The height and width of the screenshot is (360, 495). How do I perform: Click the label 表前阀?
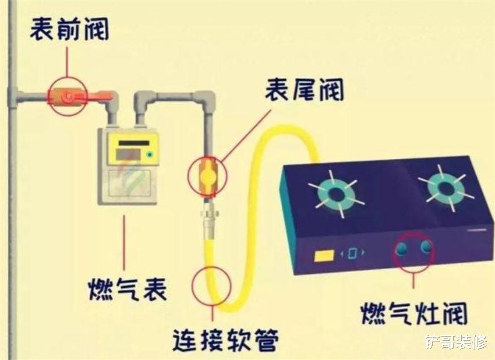pos(69,29)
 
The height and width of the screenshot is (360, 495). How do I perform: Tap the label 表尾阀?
pos(304,90)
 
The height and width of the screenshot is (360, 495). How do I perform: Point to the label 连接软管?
pos(226,340)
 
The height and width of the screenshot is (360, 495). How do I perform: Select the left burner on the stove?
pos(337,194)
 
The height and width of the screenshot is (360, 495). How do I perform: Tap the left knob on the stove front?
pos(402,249)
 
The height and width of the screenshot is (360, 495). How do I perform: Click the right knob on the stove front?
pos(426,246)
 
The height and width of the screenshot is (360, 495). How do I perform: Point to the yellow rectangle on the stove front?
pos(324,256)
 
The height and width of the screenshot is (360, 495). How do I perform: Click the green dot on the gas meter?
pos(149,155)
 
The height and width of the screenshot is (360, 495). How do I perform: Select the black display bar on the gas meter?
pos(133,143)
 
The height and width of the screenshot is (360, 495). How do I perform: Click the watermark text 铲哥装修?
pos(456,343)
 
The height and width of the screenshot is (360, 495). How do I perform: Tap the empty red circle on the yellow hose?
pos(212,286)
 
